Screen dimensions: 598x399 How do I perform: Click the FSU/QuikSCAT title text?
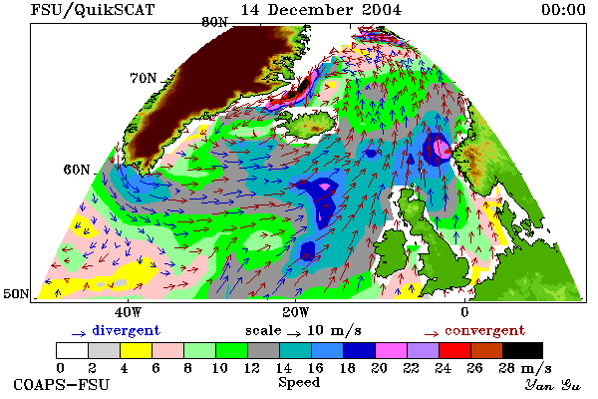click(x=93, y=10)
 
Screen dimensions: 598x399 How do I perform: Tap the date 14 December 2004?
click(x=321, y=10)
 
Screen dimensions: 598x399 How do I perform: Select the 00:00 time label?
click(x=563, y=10)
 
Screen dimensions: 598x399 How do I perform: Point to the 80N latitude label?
click(x=214, y=22)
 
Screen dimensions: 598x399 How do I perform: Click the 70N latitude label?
click(x=144, y=78)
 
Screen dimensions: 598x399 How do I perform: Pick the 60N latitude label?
click(x=77, y=170)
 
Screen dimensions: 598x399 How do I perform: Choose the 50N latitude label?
click(x=16, y=293)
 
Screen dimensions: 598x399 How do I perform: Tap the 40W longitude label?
click(x=129, y=312)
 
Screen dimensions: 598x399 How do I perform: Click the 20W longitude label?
click(x=296, y=312)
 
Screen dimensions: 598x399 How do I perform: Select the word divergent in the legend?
click(x=126, y=330)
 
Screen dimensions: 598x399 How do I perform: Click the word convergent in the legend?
click(x=484, y=330)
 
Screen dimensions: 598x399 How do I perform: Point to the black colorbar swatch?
click(x=522, y=350)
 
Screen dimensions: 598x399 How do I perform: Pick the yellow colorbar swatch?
click(x=136, y=350)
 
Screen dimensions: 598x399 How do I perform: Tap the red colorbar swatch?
click(x=455, y=350)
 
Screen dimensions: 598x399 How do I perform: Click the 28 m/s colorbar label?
click(x=525, y=368)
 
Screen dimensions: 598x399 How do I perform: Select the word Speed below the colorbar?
click(x=299, y=383)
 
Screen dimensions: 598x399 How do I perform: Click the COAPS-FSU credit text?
click(x=62, y=384)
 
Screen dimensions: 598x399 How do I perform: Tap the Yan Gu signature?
click(x=553, y=385)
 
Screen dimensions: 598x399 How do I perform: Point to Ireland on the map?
click(x=392, y=252)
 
